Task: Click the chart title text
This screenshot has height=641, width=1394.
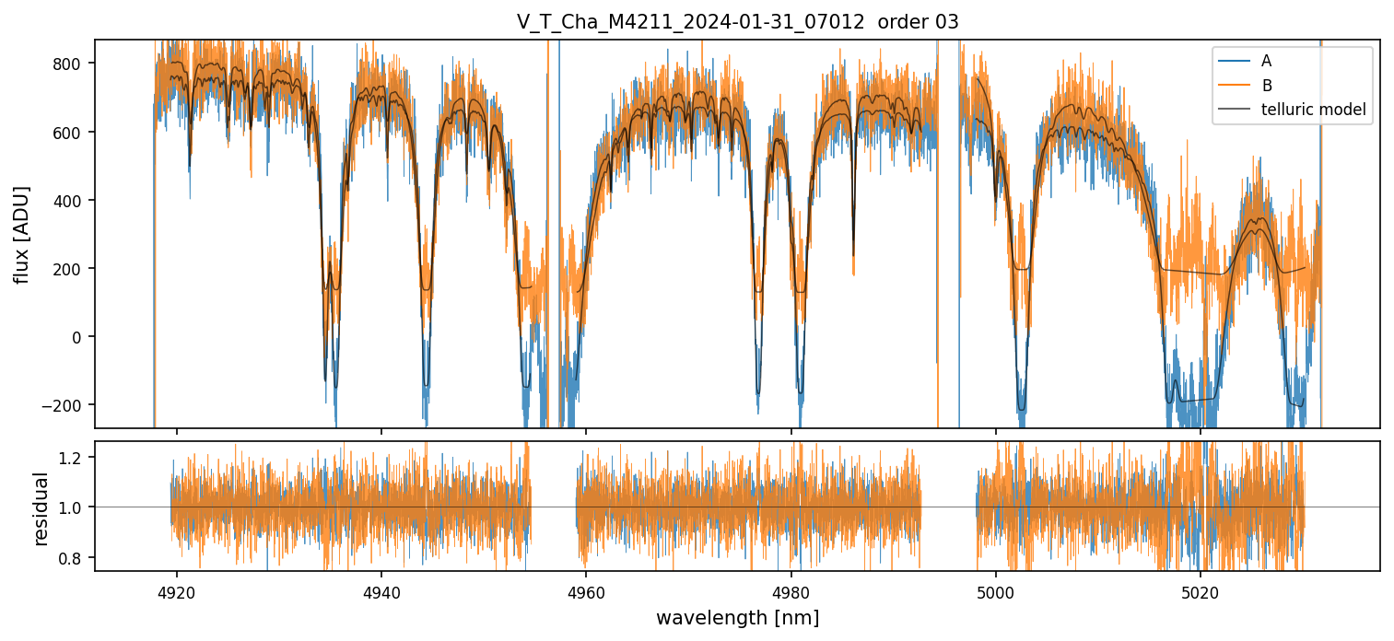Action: coord(737,22)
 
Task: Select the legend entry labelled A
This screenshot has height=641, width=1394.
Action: coord(1266,62)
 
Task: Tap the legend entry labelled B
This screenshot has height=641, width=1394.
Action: coord(1267,87)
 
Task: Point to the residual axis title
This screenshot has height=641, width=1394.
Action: coord(41,507)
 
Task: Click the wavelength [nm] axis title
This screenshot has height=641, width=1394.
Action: coord(737,618)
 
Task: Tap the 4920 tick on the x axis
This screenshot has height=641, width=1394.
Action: coord(177,590)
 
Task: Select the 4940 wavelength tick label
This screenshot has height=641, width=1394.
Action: coord(381,590)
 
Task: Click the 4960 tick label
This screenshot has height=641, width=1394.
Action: coord(586,590)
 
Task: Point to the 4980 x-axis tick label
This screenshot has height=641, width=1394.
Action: coord(791,590)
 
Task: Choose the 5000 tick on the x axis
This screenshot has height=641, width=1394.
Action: coord(995,590)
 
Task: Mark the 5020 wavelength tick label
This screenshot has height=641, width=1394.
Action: coord(1200,590)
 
